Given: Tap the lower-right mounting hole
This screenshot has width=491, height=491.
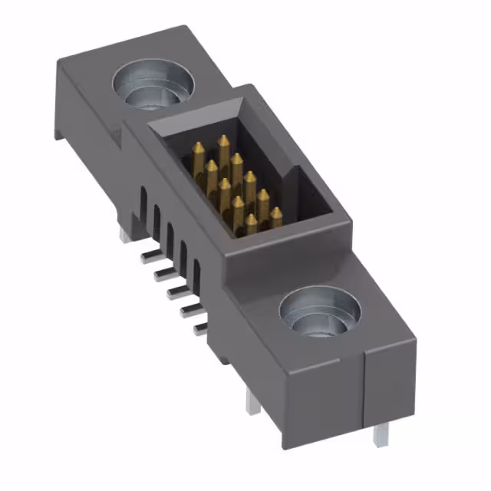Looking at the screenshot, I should point(320,315).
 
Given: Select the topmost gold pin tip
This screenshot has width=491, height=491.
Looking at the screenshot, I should point(224,140).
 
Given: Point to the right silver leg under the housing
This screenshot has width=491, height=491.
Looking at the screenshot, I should point(377,434).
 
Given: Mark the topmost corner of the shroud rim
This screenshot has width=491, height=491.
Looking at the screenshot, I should point(246,86).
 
